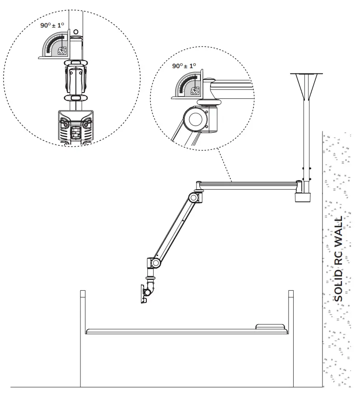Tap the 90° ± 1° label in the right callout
[x=184, y=66]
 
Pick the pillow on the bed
[x=270, y=326]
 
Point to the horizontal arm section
[x=248, y=184]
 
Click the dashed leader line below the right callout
[x=224, y=165]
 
